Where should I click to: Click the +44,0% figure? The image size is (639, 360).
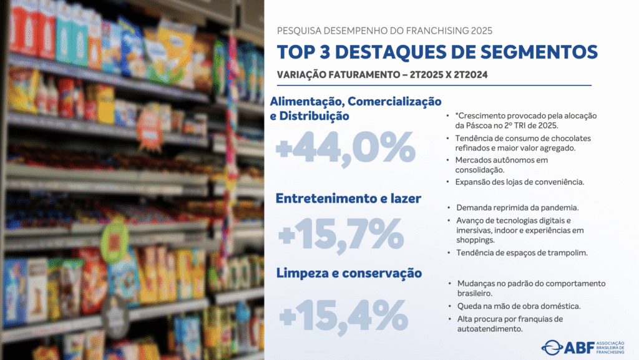(345, 151)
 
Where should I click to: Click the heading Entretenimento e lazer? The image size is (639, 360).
(349, 198)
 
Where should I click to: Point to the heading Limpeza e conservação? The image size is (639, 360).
(349, 273)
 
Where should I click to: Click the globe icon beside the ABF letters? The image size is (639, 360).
(552, 347)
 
